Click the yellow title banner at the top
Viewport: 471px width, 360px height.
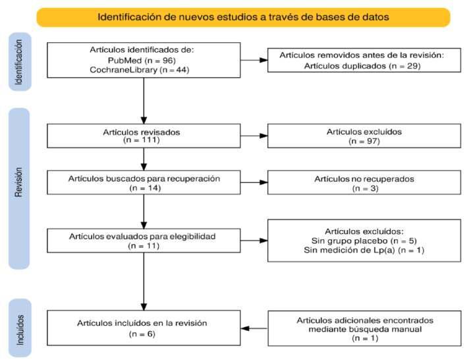pyautogui.click(x=243, y=16)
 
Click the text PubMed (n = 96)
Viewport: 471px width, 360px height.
pyautogui.click(x=143, y=60)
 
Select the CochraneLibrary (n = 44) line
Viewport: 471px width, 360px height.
pyautogui.click(x=143, y=70)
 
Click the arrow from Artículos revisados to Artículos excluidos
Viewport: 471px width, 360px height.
pyautogui.click(x=254, y=136)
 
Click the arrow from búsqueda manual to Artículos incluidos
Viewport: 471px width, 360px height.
pyautogui.click(x=254, y=328)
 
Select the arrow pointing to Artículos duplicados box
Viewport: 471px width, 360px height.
pyautogui.click(x=254, y=61)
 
